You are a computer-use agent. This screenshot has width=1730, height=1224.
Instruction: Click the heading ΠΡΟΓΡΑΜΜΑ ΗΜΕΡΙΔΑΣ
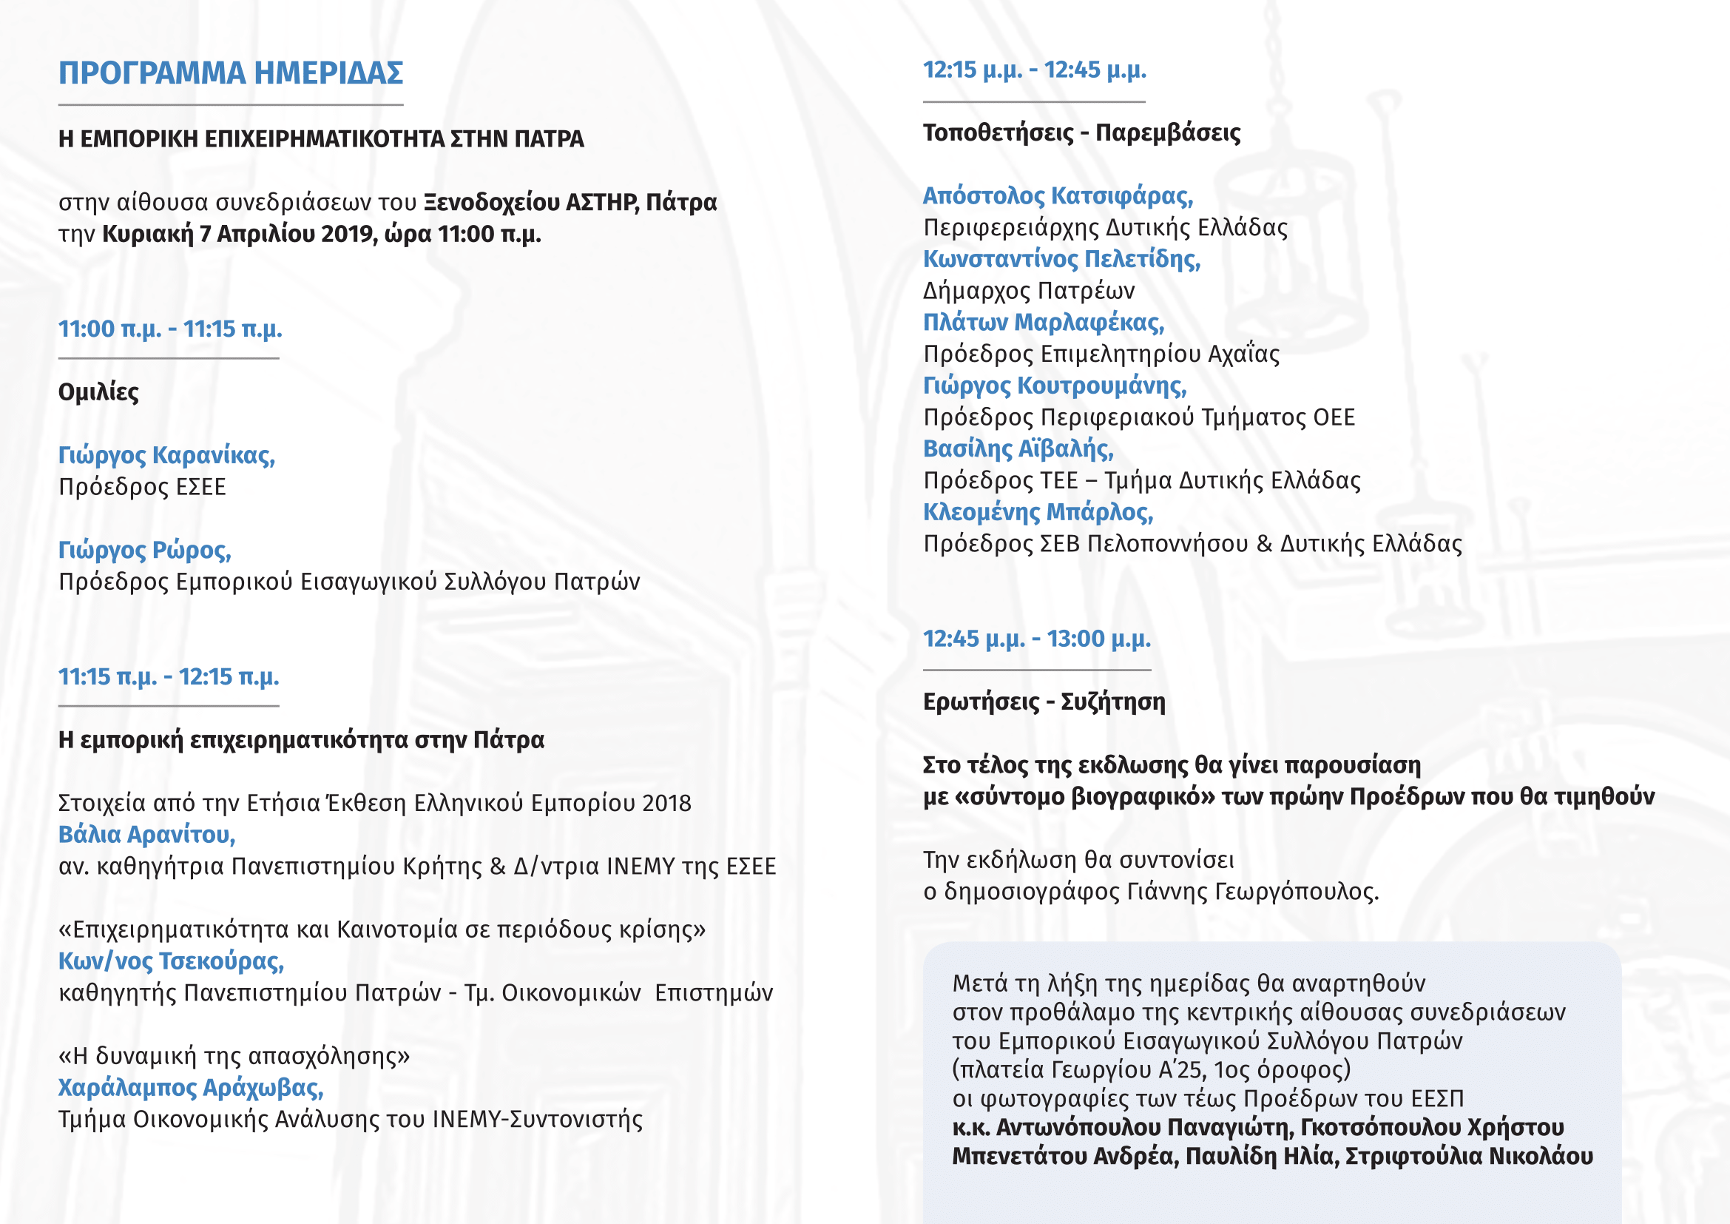tap(231, 73)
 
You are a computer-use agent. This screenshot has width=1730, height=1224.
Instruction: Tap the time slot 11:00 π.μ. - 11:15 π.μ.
tap(170, 329)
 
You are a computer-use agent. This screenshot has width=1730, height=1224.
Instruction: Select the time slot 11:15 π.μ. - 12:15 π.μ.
tap(169, 677)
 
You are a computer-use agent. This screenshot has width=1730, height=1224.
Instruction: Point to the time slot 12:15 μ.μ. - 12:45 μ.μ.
tap(1035, 70)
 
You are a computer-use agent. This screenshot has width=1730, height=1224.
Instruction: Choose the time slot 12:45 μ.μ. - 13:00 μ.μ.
tap(1037, 639)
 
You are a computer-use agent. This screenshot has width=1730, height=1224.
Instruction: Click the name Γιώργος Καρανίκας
tap(166, 455)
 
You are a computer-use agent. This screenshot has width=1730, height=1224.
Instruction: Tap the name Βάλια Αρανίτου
tap(147, 834)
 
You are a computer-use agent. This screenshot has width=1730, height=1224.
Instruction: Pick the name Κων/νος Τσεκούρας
tap(171, 961)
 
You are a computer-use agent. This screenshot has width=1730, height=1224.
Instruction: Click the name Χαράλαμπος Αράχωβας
tap(191, 1088)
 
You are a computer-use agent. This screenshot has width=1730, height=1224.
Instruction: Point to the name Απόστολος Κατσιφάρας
tap(1058, 196)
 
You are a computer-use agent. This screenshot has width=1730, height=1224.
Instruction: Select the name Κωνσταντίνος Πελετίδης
tap(1061, 259)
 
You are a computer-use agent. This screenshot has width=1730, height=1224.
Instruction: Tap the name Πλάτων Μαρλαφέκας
tap(1044, 323)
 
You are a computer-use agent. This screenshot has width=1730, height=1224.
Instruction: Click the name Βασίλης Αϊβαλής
tap(1018, 449)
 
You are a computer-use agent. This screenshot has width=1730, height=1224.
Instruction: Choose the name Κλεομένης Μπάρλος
tap(1038, 513)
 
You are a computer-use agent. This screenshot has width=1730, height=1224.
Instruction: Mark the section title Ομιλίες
tap(98, 392)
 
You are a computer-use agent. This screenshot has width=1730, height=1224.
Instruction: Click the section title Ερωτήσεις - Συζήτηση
tap(1044, 702)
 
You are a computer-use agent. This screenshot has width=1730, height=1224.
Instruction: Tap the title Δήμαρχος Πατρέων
tap(1029, 291)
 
